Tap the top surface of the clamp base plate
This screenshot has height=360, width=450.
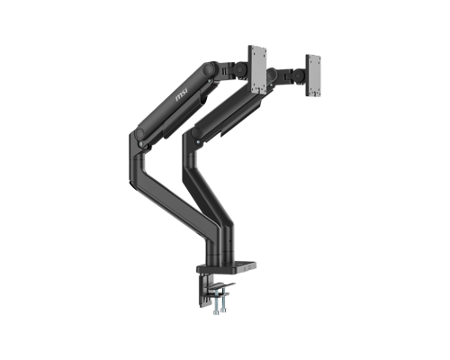236,265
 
